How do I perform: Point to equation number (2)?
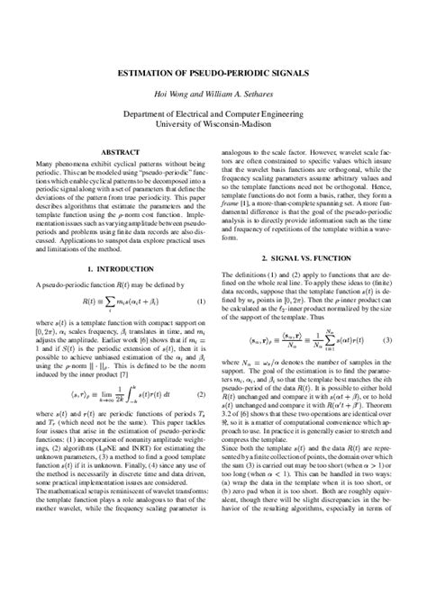(x=200, y=393)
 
